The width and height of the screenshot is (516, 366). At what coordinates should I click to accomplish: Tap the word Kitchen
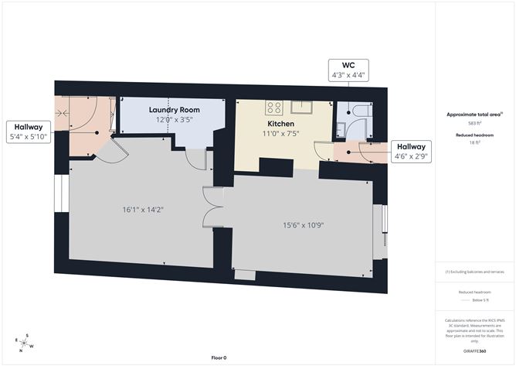[280, 124]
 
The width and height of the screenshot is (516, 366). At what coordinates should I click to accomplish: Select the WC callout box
[348, 70]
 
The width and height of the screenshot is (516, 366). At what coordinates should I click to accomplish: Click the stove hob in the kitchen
[274, 107]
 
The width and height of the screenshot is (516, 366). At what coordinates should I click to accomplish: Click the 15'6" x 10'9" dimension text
[302, 226]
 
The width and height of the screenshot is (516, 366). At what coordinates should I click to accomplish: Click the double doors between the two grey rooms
[213, 207]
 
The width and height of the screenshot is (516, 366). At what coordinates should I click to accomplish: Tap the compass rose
[24, 341]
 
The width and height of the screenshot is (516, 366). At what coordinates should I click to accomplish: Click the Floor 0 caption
[220, 357]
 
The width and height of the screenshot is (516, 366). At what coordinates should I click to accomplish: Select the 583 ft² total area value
[474, 123]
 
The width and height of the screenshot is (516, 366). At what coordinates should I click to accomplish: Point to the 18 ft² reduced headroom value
[474, 142]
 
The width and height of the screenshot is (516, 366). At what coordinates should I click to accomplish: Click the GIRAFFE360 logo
[474, 351]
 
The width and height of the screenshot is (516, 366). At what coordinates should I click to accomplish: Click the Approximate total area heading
[474, 115]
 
